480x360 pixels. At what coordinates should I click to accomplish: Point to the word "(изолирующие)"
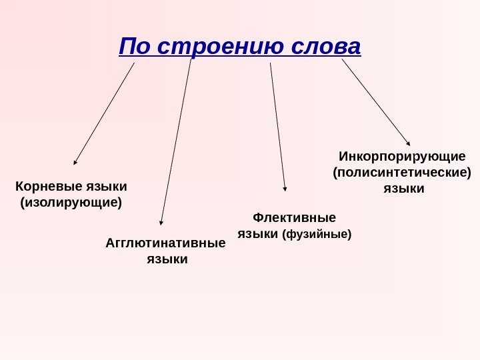pos(72,201)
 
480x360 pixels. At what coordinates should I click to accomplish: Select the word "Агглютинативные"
pos(166,243)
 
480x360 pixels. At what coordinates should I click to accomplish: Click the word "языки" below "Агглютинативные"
pos(167,259)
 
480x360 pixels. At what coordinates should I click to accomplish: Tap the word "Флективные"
pos(295,218)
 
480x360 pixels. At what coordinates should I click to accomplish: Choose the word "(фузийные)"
pos(317,235)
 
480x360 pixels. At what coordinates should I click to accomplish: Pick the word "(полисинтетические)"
pos(401,173)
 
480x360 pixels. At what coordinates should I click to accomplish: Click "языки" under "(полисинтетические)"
pos(403,189)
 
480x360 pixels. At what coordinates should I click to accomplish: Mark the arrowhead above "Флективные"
pos(285,189)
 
